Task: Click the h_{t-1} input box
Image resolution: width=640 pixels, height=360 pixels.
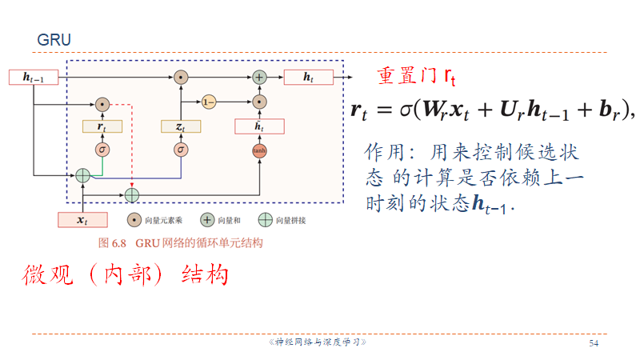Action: (x=34, y=78)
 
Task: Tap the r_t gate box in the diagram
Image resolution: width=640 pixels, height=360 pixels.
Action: (x=102, y=126)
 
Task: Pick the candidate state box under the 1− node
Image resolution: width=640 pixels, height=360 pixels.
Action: (x=258, y=126)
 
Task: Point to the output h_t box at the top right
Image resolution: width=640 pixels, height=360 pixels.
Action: (x=307, y=78)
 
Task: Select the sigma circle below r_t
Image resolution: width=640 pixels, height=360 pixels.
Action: (x=102, y=149)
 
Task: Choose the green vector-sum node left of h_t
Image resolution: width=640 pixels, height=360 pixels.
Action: (x=259, y=78)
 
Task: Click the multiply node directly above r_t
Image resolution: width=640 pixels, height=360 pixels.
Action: (x=102, y=104)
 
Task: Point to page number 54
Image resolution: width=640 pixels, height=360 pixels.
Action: (x=594, y=343)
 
